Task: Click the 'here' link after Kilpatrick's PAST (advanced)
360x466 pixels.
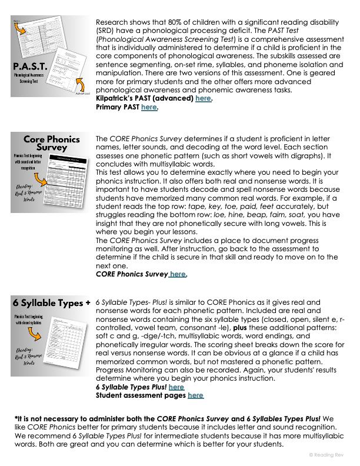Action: tap(203, 99)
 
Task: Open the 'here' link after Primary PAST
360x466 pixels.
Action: tap(149, 107)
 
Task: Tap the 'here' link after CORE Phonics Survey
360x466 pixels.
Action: tap(178, 274)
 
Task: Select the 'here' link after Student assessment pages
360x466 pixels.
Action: tap(195, 395)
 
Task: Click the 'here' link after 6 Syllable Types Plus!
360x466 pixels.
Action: tap(176, 387)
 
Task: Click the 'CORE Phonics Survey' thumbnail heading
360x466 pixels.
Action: tap(51, 144)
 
